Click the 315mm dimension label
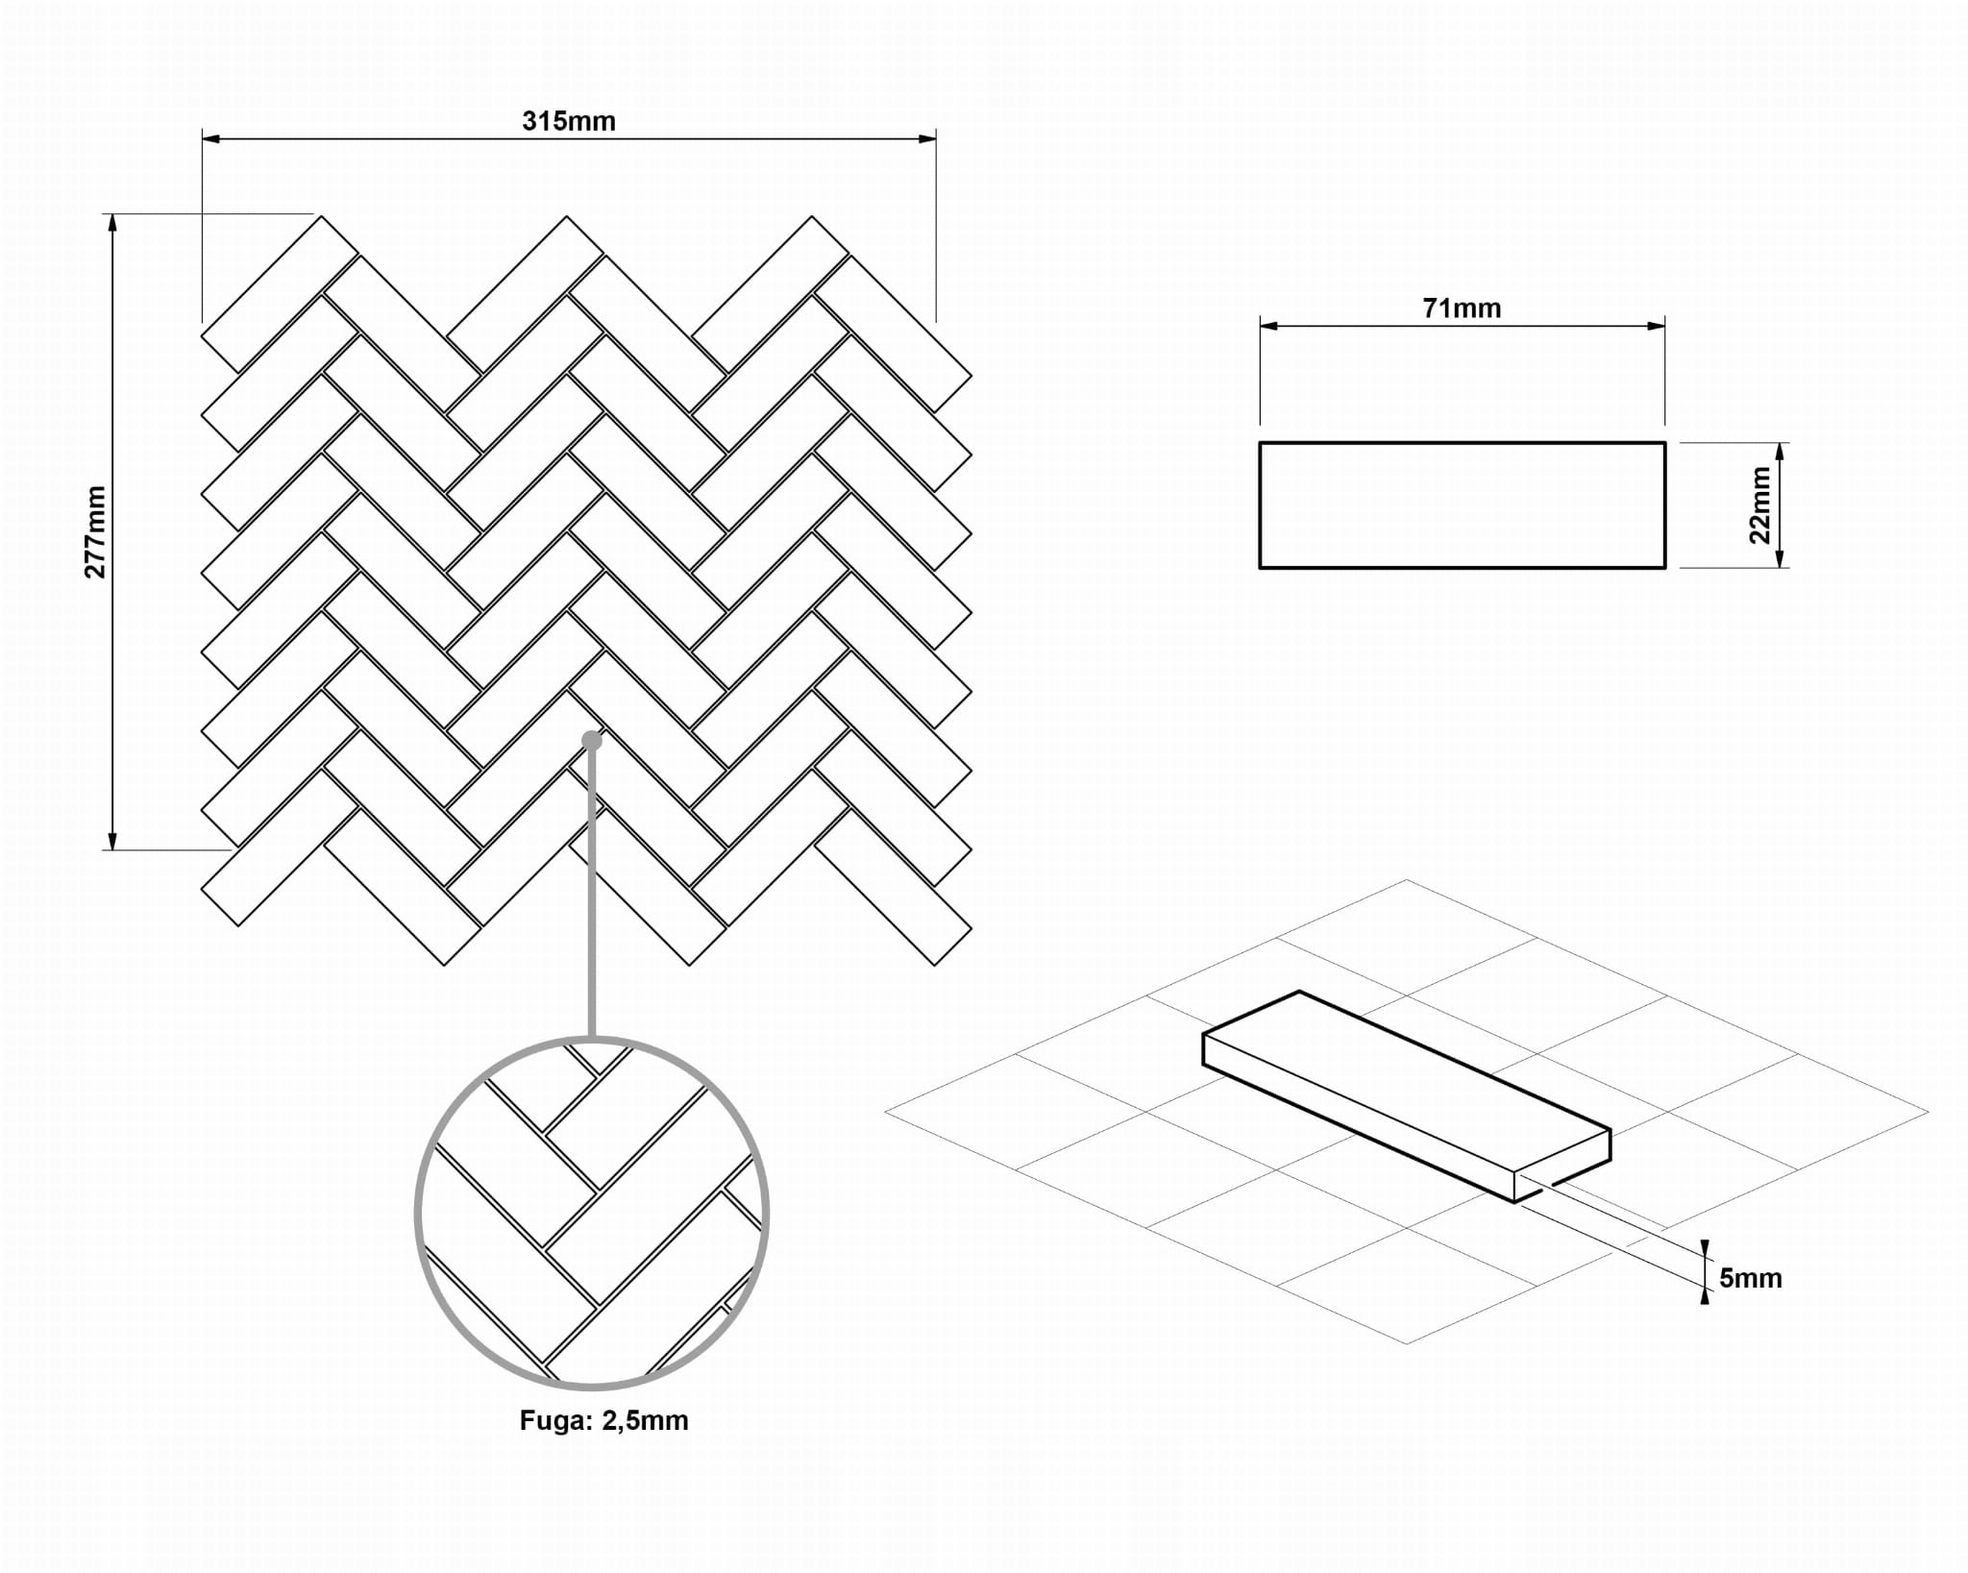coord(568,121)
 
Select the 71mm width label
coord(1461,308)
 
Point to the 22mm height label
coord(1759,504)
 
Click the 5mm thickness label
coord(1750,1278)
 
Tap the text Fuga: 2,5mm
coord(603,1420)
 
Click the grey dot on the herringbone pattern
coord(592,740)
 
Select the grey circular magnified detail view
coord(592,1214)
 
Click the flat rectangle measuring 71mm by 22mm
coord(1462,505)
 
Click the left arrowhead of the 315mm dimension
coord(210,139)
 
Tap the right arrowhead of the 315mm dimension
coord(927,139)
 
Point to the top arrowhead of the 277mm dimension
coord(112,223)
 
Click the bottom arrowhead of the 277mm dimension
coord(112,841)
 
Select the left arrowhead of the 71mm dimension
coord(1268,326)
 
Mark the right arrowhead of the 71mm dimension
coord(1656,326)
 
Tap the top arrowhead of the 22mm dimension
coord(1780,452)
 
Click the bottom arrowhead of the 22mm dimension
coord(1780,559)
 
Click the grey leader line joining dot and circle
coord(592,894)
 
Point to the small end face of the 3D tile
coord(1562,1167)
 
